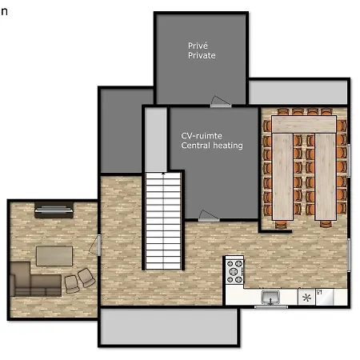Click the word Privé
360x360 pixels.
[198, 46]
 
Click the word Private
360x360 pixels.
[202, 55]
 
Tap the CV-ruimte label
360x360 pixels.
[202, 136]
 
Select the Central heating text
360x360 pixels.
[212, 146]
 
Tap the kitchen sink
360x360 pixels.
[270, 297]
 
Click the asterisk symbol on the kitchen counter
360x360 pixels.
[306, 298]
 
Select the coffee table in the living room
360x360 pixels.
[54, 256]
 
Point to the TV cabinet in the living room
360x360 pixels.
[54, 210]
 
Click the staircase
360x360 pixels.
[163, 221]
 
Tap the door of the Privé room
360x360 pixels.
[221, 102]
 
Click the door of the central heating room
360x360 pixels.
[209, 216]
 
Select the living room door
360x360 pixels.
[95, 246]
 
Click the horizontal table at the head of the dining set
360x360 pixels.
[304, 124]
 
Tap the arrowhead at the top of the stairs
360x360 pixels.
[163, 174]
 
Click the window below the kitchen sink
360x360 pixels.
[271, 307]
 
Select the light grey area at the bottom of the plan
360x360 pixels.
[169, 326]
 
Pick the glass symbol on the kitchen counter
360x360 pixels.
[319, 292]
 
